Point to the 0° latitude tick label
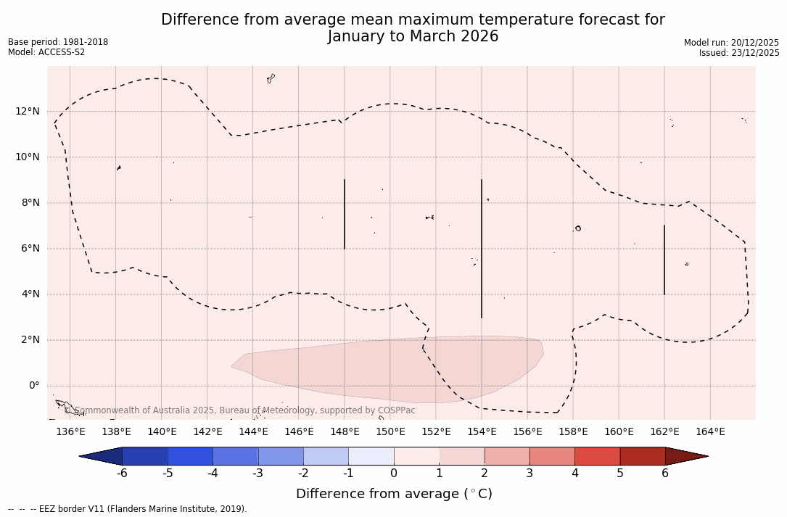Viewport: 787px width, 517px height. click(x=33, y=386)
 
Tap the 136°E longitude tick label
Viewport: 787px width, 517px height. click(x=70, y=432)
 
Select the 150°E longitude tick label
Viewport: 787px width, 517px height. click(x=390, y=432)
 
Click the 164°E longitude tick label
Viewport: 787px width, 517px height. click(x=710, y=432)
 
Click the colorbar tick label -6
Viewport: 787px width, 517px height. click(x=122, y=473)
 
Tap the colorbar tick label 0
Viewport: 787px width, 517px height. click(x=394, y=473)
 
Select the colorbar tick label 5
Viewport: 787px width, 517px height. click(x=620, y=473)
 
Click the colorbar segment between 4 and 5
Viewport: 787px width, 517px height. click(x=597, y=456)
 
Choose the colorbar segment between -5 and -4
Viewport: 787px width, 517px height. click(x=190, y=456)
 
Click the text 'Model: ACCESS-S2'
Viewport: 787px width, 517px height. click(x=46, y=52)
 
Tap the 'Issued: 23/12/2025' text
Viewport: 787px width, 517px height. click(x=739, y=53)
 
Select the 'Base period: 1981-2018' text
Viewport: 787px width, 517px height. click(x=58, y=42)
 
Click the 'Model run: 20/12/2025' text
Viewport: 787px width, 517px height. click(x=731, y=43)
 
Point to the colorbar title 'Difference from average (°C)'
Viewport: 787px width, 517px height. click(x=394, y=494)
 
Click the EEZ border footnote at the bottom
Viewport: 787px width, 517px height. click(x=128, y=509)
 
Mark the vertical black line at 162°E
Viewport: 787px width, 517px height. click(x=664, y=260)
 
